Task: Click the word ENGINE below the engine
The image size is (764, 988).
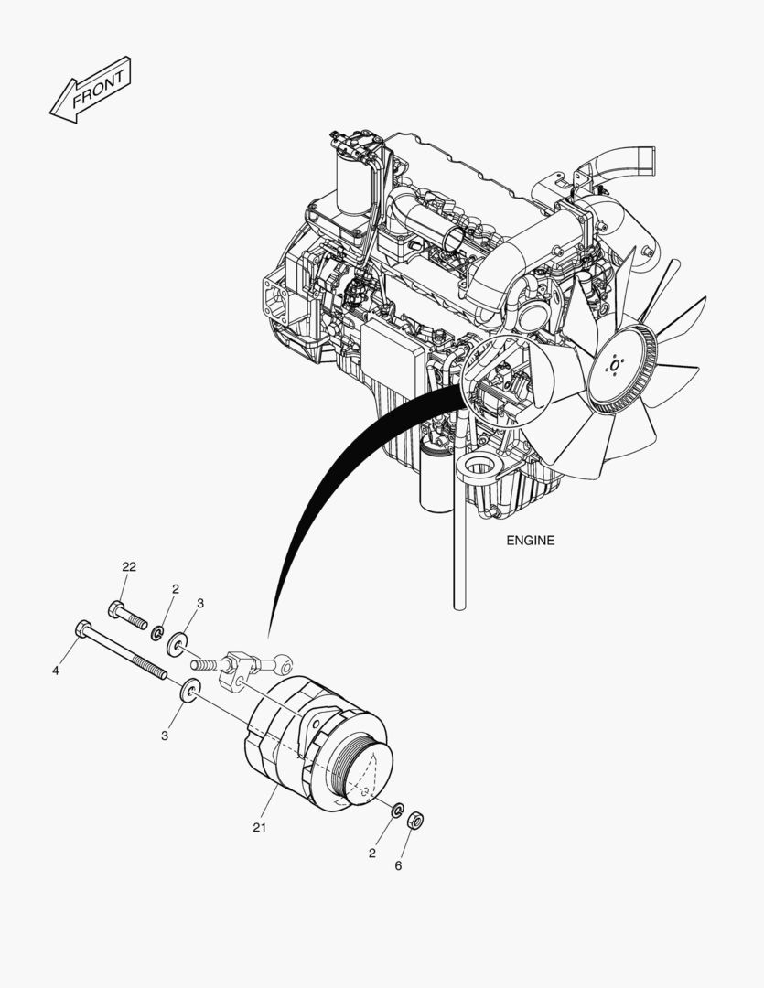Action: coord(530,541)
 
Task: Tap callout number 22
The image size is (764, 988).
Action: coord(129,567)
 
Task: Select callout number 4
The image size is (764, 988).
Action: coord(56,671)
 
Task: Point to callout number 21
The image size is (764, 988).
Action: coord(259,828)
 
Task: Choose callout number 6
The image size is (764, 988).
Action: coord(398,865)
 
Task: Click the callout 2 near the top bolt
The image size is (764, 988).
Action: coord(175,589)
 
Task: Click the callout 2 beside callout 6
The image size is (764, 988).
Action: coord(372,854)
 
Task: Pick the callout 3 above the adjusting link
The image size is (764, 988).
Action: coord(199,603)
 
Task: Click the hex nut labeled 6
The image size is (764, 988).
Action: coord(413,819)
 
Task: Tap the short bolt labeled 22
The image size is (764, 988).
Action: coord(128,615)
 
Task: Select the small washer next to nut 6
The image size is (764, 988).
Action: coord(397,811)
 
